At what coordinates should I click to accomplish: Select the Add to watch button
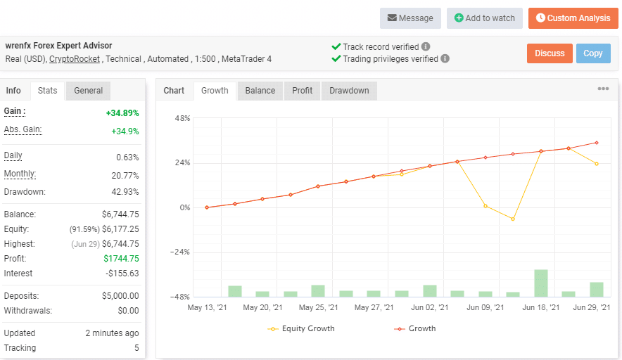[x=484, y=18]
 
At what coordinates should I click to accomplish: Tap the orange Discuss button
[x=550, y=53]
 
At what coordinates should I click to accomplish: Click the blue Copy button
[x=593, y=53]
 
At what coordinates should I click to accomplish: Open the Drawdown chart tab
[x=349, y=91]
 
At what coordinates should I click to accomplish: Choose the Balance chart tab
[x=260, y=91]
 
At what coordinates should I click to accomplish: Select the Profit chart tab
[x=303, y=91]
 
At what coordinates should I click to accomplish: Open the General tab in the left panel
[x=89, y=91]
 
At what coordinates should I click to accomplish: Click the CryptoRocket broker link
[x=75, y=59]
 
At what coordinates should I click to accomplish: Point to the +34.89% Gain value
[x=122, y=113]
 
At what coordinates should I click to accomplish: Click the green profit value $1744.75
[x=121, y=259]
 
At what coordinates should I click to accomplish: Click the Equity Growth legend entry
[x=302, y=328]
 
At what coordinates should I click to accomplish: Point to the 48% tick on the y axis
[x=182, y=118]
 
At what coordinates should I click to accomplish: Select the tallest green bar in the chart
[x=541, y=283]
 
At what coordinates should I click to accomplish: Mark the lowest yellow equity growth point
[x=513, y=219]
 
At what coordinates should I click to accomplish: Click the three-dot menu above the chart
[x=603, y=89]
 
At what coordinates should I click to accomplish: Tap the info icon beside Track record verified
[x=426, y=47]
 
